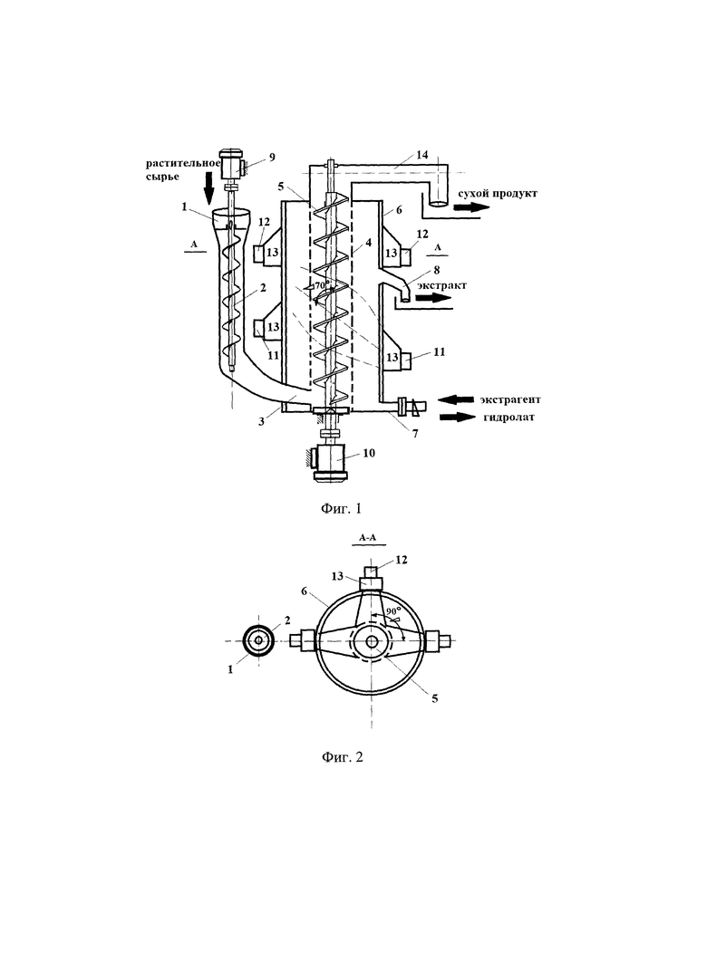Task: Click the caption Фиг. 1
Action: click(342, 509)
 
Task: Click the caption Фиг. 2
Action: click(343, 757)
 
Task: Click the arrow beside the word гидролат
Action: click(458, 417)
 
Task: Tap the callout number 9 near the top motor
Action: click(272, 158)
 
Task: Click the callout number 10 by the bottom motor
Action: click(369, 453)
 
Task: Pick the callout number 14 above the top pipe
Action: click(422, 154)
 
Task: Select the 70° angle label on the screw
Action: click(322, 285)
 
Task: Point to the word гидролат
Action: click(508, 418)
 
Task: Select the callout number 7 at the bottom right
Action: click(415, 433)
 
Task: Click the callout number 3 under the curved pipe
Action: click(262, 420)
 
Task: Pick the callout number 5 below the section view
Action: click(434, 698)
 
